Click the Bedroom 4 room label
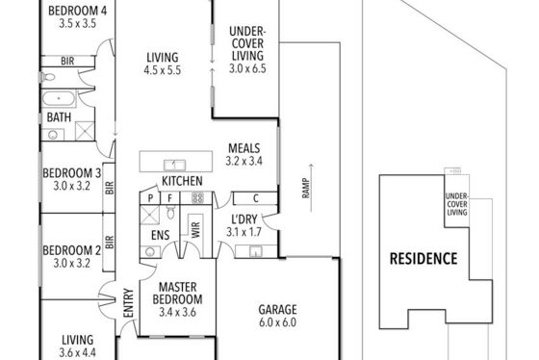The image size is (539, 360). pyautogui.click(x=77, y=11)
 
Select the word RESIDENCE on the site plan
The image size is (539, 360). pyautogui.click(x=423, y=259)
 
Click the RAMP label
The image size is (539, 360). pyautogui.click(x=306, y=188)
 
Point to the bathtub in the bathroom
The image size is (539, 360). pyautogui.click(x=58, y=98)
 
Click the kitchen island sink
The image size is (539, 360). pyautogui.click(x=174, y=165)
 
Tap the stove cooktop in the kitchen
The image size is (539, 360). pyautogui.click(x=197, y=197)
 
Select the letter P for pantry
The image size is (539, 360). pyautogui.click(x=150, y=198)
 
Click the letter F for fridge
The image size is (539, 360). pyautogui.click(x=169, y=198)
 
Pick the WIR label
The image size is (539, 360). pyautogui.click(x=195, y=230)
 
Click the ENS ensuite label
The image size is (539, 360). pyautogui.click(x=160, y=235)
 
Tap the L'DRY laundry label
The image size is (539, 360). pyautogui.click(x=244, y=219)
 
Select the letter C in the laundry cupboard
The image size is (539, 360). pyautogui.click(x=255, y=198)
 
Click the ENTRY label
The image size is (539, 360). pyautogui.click(x=128, y=303)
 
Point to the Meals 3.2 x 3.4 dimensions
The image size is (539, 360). pyautogui.click(x=244, y=161)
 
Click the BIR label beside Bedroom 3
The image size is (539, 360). pyautogui.click(x=110, y=188)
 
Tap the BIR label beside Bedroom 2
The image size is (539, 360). pyautogui.click(x=109, y=242)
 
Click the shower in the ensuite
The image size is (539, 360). pyautogui.click(x=150, y=215)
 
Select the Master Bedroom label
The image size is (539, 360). pyautogui.click(x=177, y=293)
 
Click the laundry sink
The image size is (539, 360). pyautogui.click(x=256, y=251)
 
